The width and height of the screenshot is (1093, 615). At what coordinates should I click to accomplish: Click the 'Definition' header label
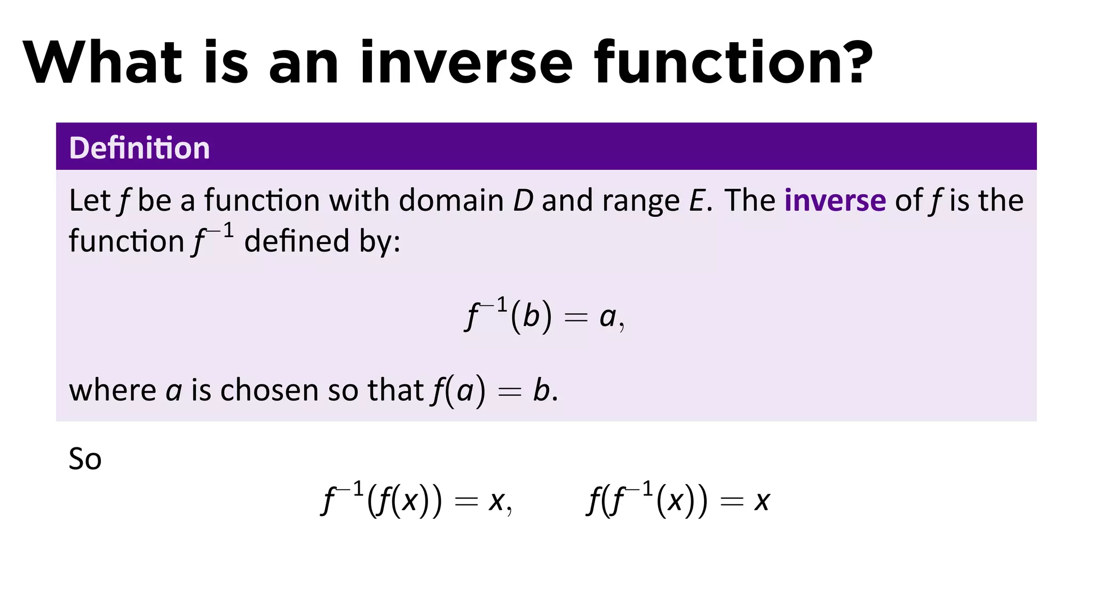[x=139, y=148]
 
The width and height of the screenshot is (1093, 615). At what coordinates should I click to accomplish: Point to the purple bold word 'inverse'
[x=835, y=201]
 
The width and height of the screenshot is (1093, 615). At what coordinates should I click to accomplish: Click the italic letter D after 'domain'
[x=523, y=201]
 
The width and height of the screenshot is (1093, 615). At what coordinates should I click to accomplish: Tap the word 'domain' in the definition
[x=451, y=201]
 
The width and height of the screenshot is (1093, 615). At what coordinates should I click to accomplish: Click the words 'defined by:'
[x=322, y=241]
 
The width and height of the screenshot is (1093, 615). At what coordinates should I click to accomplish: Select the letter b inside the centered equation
[x=531, y=316]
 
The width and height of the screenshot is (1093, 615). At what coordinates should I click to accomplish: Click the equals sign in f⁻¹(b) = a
[x=576, y=318]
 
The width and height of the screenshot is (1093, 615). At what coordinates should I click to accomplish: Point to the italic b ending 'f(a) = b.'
[x=541, y=390]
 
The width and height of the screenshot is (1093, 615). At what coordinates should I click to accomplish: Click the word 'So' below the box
[x=85, y=459]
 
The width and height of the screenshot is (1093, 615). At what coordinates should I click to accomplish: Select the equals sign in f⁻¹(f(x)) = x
[x=465, y=502]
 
